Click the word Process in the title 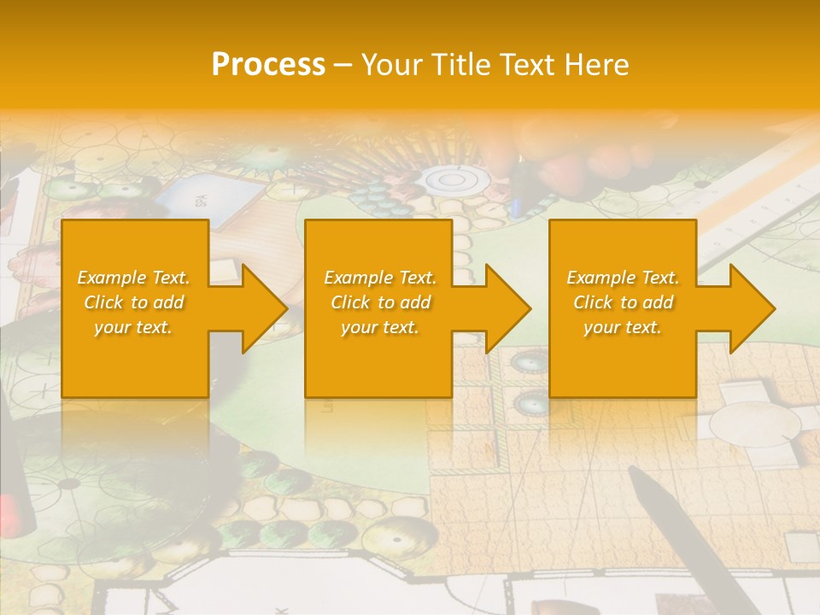tap(268, 65)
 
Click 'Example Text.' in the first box tap(133, 278)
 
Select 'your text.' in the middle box tap(379, 327)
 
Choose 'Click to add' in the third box tap(623, 302)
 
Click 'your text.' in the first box tap(133, 327)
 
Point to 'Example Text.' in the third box tap(623, 278)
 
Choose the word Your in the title tap(390, 65)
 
